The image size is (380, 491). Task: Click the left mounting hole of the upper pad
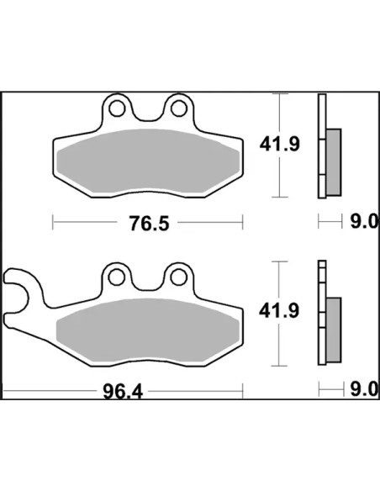(117, 108)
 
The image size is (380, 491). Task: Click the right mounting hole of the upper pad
(179, 108)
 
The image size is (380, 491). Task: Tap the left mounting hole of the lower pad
(117, 277)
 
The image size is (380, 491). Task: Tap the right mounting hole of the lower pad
(179, 277)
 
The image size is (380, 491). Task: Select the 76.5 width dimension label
(150, 224)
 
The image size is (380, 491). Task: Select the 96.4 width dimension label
(123, 392)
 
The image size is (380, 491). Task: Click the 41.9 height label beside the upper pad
(279, 145)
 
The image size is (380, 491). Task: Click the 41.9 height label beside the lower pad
(279, 311)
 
